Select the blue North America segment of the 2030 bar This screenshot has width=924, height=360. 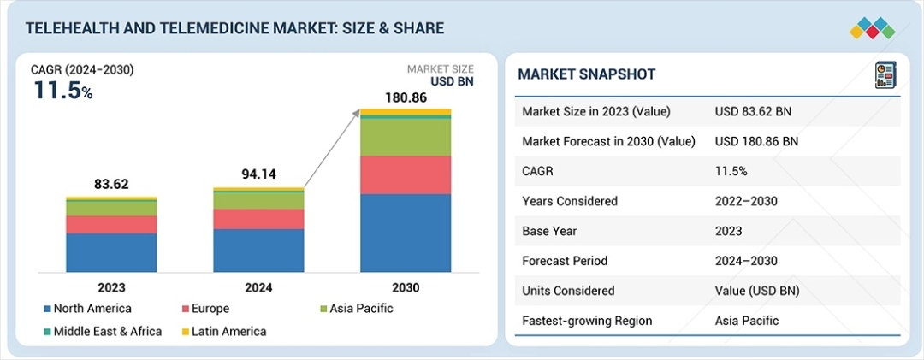(x=405, y=232)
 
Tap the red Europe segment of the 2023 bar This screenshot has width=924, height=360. (x=111, y=224)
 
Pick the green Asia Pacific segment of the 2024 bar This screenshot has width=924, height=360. (x=258, y=200)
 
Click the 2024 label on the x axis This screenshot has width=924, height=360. (x=258, y=288)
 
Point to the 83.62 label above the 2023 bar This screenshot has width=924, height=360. (x=111, y=184)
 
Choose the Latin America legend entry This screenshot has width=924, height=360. (x=225, y=331)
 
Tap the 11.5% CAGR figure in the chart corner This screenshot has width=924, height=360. (x=63, y=90)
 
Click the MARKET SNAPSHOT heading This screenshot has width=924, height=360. (x=587, y=74)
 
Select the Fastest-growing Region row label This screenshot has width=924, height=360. (x=587, y=321)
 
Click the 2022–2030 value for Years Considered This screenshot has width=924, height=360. (x=747, y=201)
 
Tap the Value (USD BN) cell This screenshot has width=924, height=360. (x=757, y=291)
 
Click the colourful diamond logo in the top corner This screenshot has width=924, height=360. (x=872, y=28)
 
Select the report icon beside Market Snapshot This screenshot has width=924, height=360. (x=884, y=74)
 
